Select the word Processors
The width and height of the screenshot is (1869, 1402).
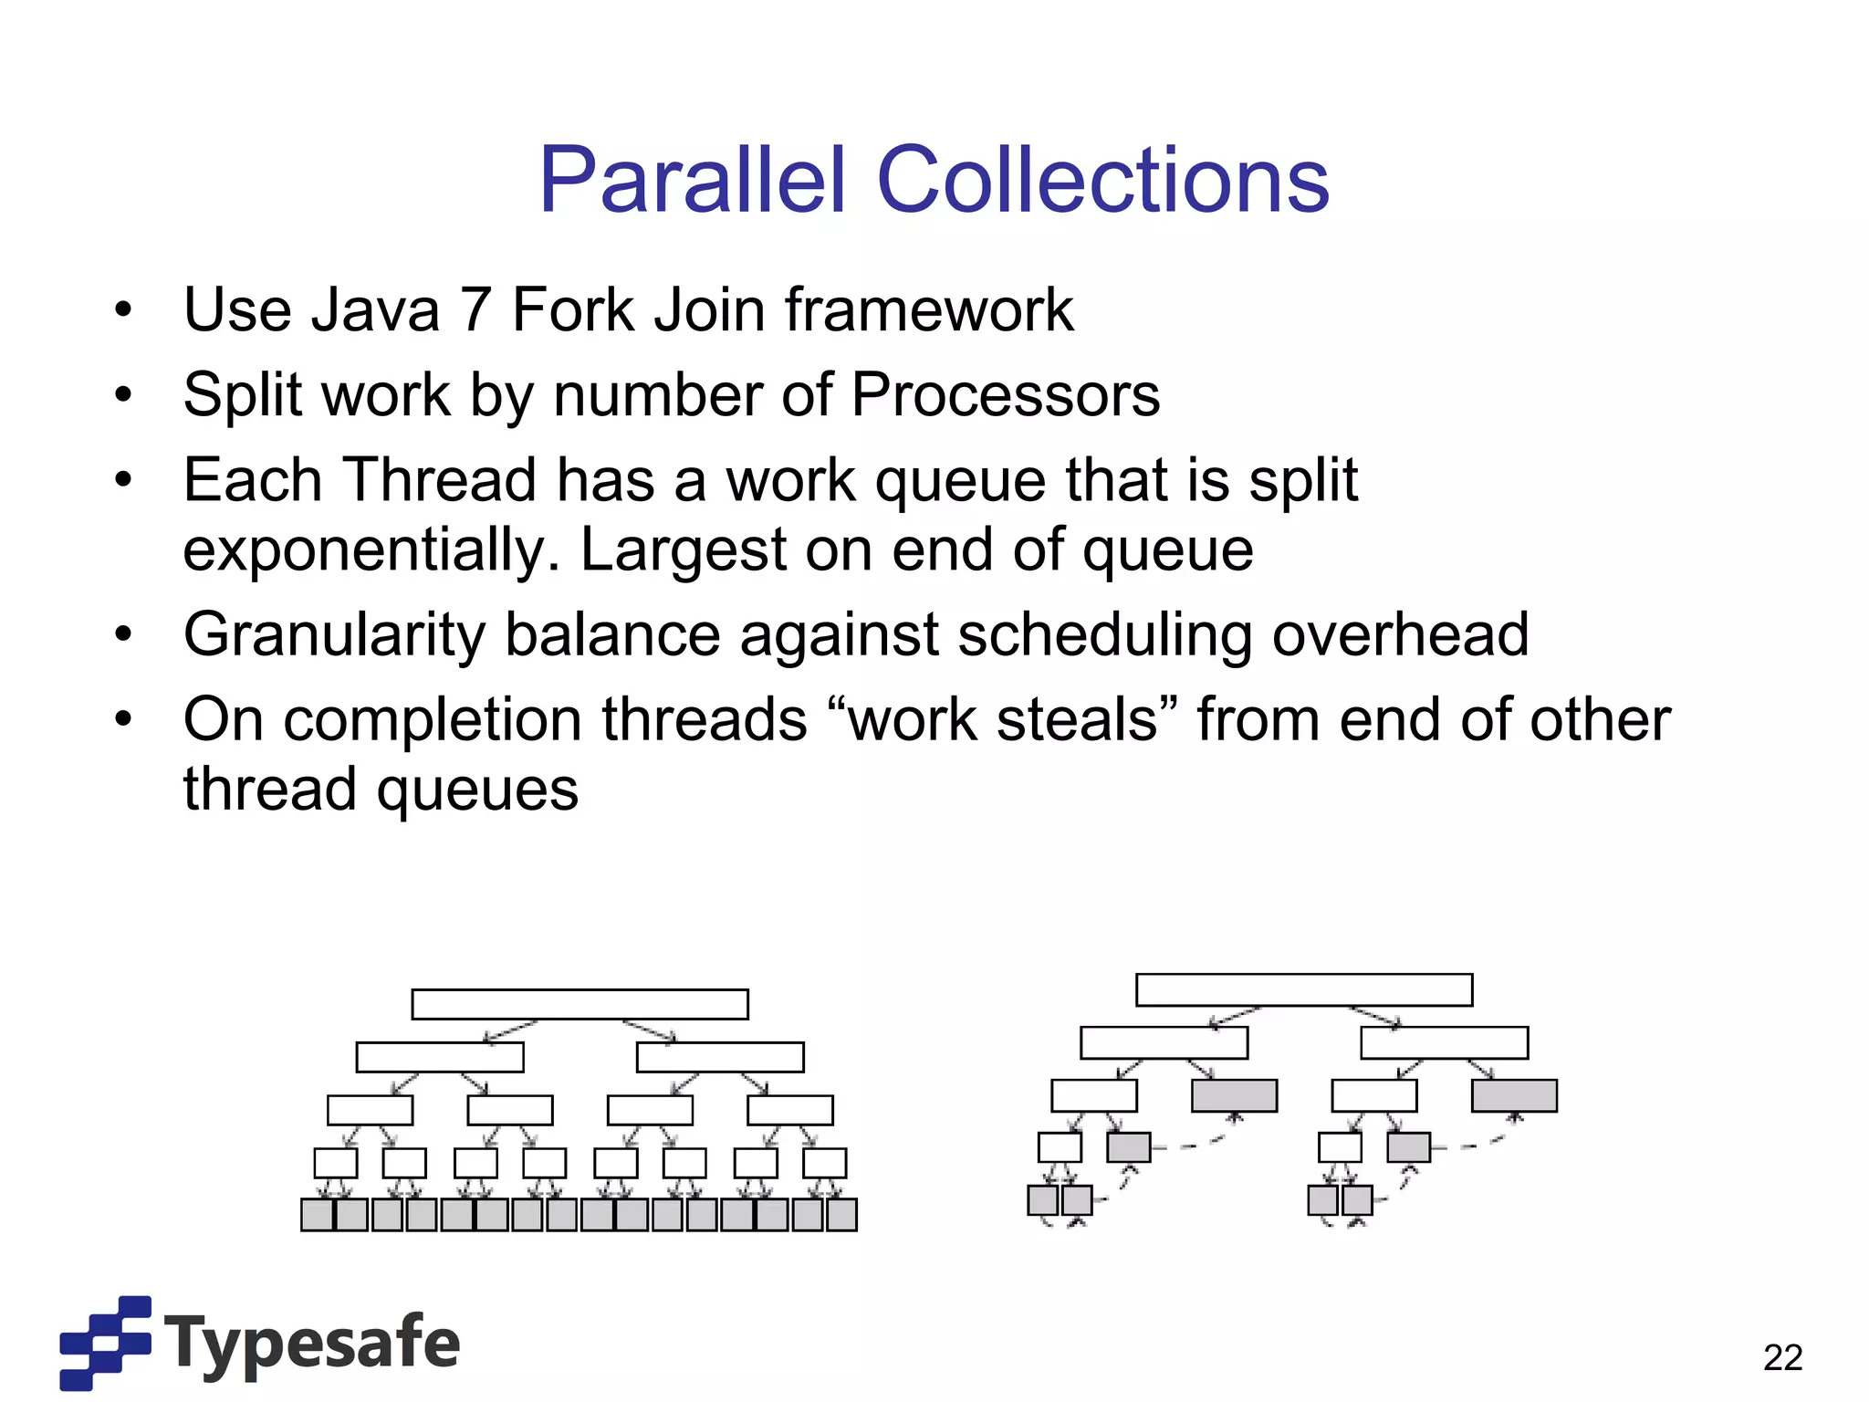(x=1005, y=395)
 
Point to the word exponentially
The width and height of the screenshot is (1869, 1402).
(x=371, y=550)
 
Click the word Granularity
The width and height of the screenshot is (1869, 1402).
(x=334, y=634)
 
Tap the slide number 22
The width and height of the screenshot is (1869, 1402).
(x=1782, y=1357)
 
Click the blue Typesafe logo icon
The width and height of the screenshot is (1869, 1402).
(x=106, y=1342)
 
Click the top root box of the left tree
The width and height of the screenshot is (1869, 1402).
(x=579, y=1004)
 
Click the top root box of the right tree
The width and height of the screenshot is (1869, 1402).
(x=1303, y=989)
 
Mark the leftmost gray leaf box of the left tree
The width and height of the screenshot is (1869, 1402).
(x=318, y=1215)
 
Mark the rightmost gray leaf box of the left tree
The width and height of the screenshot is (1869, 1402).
(x=841, y=1215)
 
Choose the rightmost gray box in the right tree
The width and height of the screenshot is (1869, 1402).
(x=1514, y=1095)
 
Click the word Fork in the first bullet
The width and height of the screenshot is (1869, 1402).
(x=572, y=310)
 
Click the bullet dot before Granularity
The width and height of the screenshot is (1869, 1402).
(x=124, y=633)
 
